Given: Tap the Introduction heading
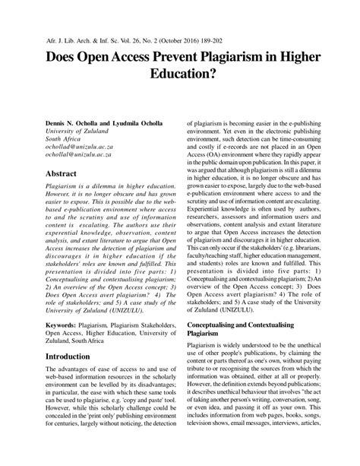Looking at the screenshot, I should point(72,356).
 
